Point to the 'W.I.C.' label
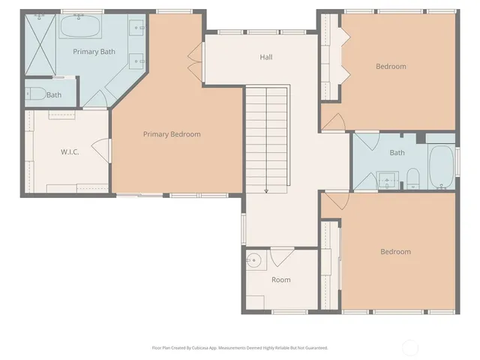[x=70, y=152]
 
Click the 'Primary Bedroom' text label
[x=172, y=134]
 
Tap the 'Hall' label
[x=265, y=57]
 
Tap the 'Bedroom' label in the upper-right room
[x=391, y=67]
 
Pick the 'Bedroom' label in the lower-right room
[x=395, y=252]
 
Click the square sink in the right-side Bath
[x=387, y=179]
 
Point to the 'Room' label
[x=280, y=280]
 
